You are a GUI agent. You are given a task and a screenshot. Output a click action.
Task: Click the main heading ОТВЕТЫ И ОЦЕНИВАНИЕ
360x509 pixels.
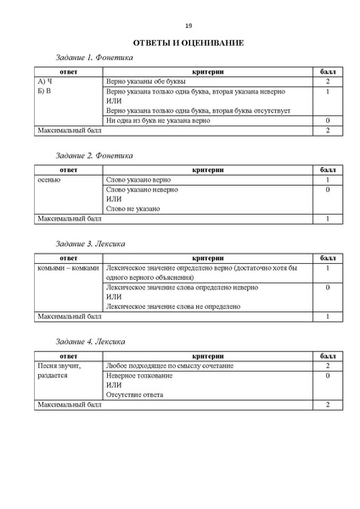tap(188, 42)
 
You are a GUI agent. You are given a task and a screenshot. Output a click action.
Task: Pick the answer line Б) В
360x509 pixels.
tap(45, 91)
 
